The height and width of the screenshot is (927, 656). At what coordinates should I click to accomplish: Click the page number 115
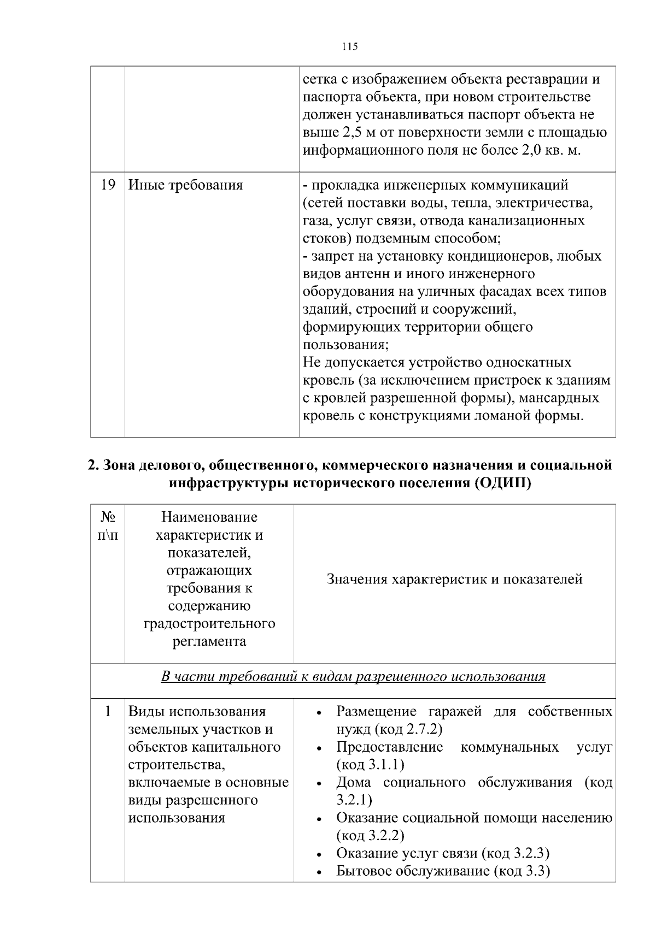[350, 46]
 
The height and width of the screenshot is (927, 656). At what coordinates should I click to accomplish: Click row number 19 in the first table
[108, 185]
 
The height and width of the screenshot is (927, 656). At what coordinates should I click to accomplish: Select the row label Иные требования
[185, 185]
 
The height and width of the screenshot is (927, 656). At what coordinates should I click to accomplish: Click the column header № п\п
[108, 526]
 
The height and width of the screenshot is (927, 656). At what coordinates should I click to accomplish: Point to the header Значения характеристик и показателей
[454, 579]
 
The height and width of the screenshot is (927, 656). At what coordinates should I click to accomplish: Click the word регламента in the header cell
[209, 641]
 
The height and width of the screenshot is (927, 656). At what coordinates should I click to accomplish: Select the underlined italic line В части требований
[353, 677]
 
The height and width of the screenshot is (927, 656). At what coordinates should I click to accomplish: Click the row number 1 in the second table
[108, 711]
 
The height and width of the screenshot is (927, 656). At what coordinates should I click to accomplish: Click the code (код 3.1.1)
[371, 765]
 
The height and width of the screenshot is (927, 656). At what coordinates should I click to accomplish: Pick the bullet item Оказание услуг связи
[443, 853]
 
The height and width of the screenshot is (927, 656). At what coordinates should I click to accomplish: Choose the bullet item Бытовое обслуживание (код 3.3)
[443, 871]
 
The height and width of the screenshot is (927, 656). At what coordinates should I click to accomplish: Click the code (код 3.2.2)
[371, 836]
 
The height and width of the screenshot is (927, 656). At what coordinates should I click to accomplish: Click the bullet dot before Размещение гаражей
[319, 713]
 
